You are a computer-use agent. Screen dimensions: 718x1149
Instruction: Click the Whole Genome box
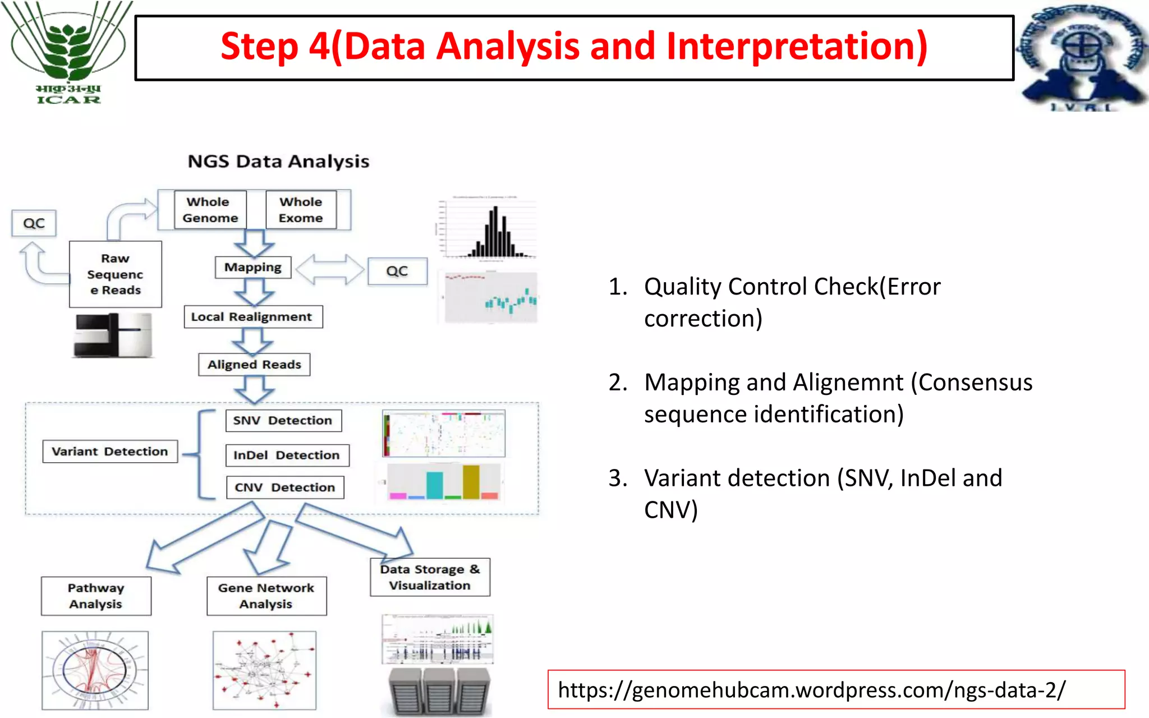(210, 210)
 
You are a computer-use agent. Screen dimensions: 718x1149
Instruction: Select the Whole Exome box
(301, 210)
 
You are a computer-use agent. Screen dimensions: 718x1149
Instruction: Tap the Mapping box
(253, 268)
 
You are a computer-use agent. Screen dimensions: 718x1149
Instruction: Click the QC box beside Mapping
(397, 271)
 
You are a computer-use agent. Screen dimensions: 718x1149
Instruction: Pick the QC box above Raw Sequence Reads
(34, 223)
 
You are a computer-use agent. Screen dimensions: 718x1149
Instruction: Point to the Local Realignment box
(253, 317)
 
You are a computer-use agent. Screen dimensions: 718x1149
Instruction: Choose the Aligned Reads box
(254, 365)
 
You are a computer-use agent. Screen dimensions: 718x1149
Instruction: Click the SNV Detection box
(283, 421)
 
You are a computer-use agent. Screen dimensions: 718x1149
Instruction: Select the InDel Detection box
(287, 455)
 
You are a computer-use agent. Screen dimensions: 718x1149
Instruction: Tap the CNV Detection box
(285, 487)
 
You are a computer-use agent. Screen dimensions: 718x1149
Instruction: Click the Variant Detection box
(110, 452)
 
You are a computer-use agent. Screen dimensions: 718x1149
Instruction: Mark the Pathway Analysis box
(96, 596)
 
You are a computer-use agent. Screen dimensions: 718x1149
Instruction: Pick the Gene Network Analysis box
(266, 596)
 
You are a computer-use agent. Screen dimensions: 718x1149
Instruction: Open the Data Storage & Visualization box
(430, 577)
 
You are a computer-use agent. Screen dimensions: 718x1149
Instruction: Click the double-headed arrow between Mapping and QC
(330, 270)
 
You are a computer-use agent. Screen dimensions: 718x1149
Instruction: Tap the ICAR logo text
(68, 100)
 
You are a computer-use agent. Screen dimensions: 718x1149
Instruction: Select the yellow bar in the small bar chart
(471, 481)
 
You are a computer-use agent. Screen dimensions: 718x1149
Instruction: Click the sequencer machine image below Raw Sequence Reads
(113, 335)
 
